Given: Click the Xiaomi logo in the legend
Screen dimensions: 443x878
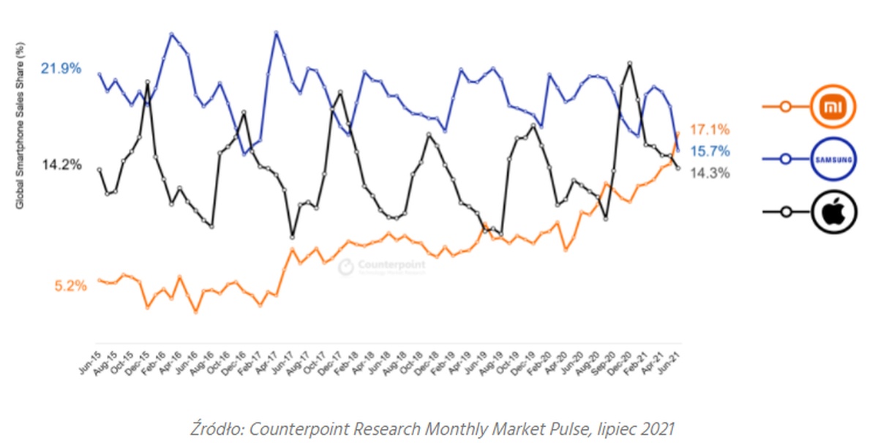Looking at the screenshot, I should coord(832,107).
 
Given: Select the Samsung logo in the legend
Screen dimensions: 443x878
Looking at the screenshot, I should coord(832,159).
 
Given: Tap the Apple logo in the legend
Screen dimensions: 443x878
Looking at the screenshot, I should coord(832,211).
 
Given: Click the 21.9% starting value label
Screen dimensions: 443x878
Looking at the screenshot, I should coord(61,69).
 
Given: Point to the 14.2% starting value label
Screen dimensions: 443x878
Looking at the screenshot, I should coord(61,164).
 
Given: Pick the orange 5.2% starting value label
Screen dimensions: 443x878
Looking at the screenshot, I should coord(70,286).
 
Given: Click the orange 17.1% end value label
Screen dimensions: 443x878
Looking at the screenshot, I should coord(710,129).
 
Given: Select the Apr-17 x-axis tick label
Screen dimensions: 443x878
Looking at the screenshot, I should coord(266,359).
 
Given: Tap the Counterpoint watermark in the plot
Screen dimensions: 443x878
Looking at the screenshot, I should coord(382,267).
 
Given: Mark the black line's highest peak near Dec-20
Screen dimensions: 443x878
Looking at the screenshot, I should coord(630,63).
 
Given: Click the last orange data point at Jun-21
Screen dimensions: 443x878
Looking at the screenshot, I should coord(678,133).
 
